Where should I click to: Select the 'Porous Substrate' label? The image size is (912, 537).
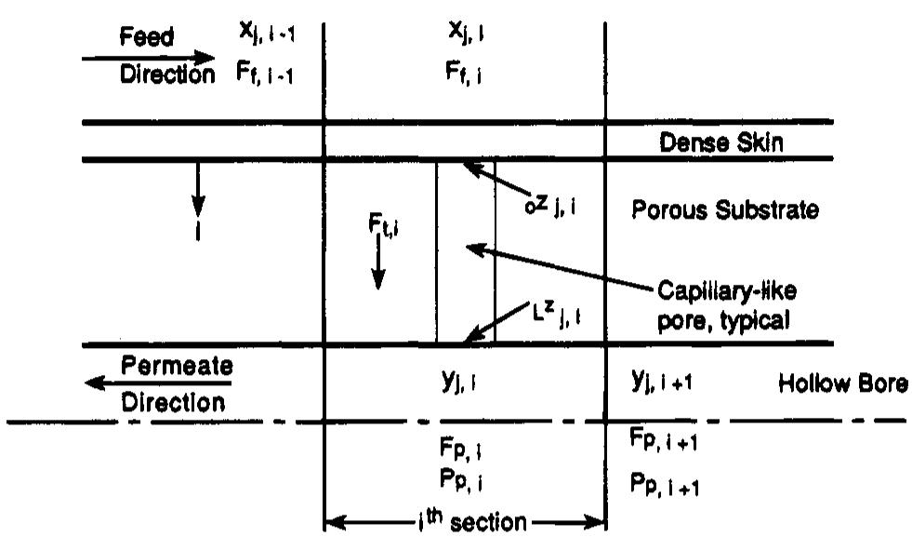(725, 209)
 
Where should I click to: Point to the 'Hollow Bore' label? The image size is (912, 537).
(842, 383)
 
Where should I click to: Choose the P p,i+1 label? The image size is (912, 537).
(662, 485)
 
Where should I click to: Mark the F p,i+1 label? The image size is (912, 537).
(662, 442)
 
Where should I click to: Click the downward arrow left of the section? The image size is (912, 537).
(198, 193)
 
